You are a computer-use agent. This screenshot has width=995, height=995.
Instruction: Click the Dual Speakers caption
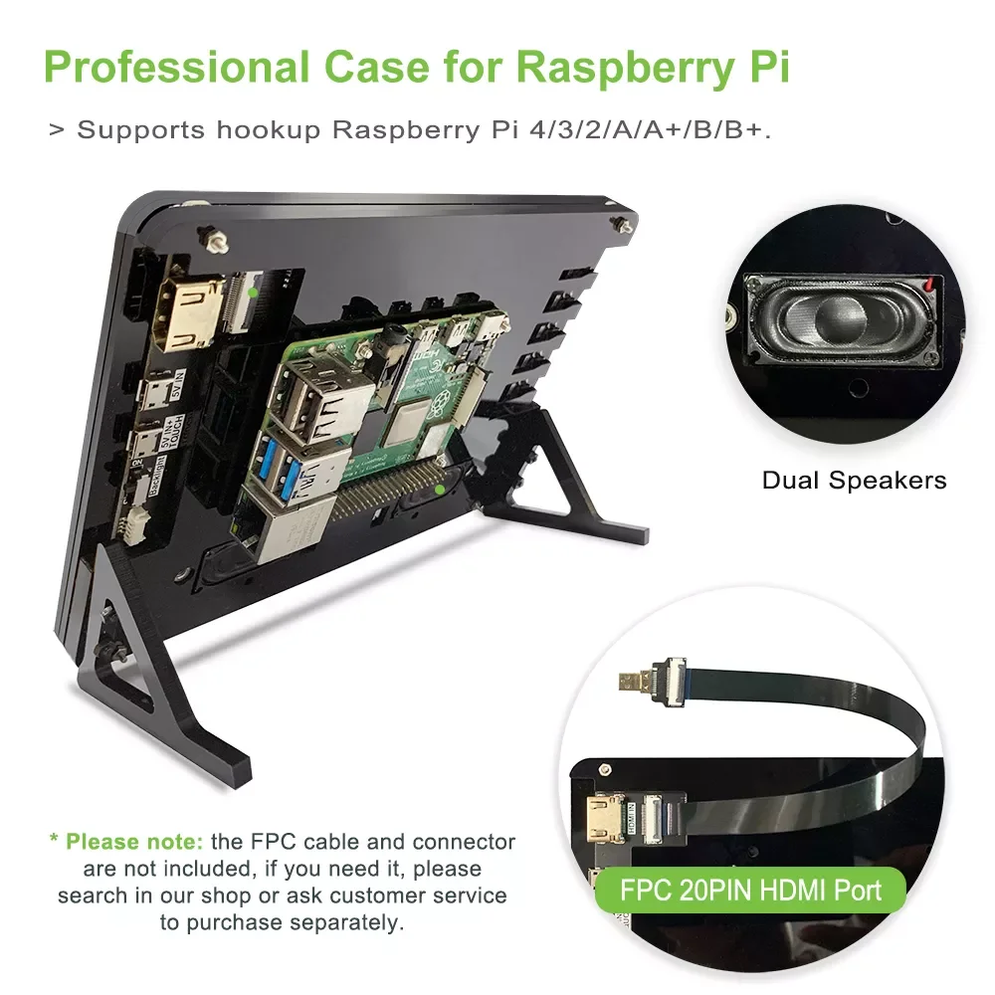[x=854, y=481]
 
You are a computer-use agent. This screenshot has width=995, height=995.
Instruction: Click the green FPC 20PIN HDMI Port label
[x=751, y=889]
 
